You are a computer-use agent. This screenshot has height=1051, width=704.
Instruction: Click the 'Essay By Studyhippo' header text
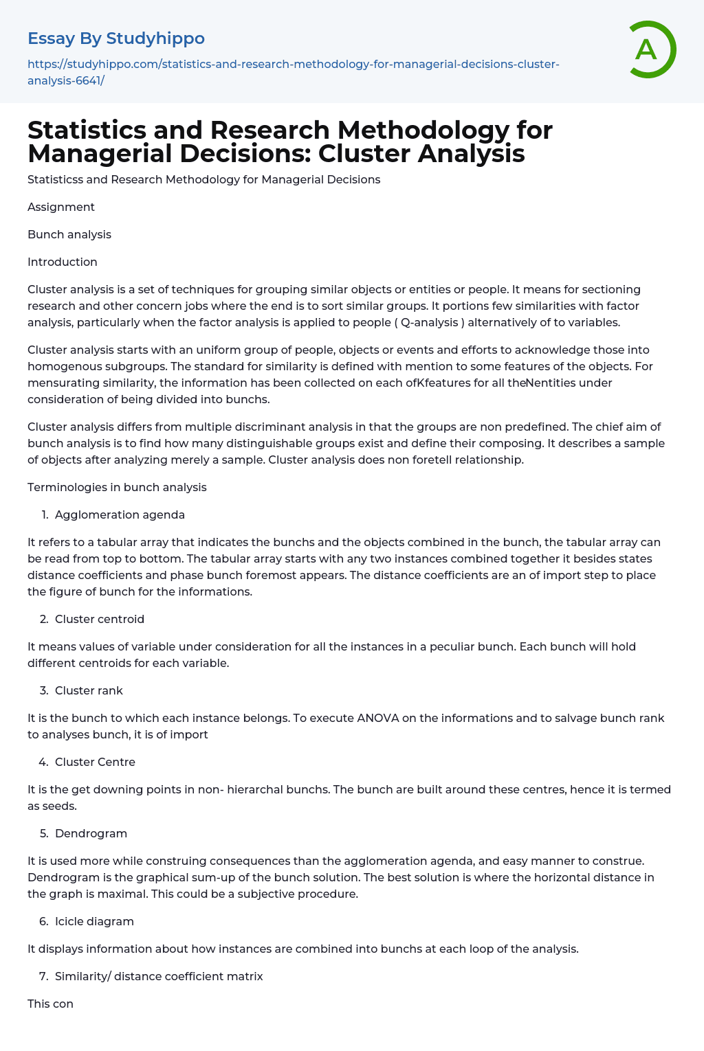pyautogui.click(x=116, y=38)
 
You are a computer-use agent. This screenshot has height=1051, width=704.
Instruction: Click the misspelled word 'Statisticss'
pyautogui.click(x=58, y=179)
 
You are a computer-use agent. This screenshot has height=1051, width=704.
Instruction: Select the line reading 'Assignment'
pyautogui.click(x=61, y=207)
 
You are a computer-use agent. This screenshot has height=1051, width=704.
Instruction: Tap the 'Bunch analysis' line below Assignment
pyautogui.click(x=69, y=234)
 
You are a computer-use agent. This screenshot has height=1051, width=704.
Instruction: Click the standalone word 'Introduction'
pyautogui.click(x=63, y=262)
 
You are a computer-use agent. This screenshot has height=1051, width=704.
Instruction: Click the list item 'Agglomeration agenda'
pyautogui.click(x=120, y=515)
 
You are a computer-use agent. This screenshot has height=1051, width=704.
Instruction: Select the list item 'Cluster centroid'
pyautogui.click(x=100, y=619)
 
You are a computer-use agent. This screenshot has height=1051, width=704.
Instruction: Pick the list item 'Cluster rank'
pyautogui.click(x=89, y=690)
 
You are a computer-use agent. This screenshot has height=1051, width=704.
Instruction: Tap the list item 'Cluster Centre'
pyautogui.click(x=95, y=762)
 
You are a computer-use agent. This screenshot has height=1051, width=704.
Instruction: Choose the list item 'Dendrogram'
pyautogui.click(x=91, y=833)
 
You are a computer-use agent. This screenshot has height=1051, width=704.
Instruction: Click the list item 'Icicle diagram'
pyautogui.click(x=94, y=921)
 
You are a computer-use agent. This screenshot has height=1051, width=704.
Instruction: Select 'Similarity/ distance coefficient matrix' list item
pyautogui.click(x=159, y=976)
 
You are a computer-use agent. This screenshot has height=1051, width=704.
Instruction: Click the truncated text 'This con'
pyautogui.click(x=50, y=1004)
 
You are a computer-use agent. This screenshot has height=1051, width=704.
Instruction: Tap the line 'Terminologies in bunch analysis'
pyautogui.click(x=117, y=487)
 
